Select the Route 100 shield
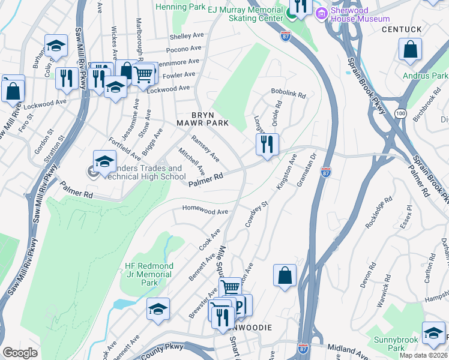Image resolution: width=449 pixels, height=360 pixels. [400, 113]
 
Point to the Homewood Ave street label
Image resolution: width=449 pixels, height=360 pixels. [206, 212]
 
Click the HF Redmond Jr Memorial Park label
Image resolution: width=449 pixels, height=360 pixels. [148, 274]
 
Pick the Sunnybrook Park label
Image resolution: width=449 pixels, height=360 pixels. [396, 344]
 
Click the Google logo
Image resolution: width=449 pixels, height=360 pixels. [20, 353]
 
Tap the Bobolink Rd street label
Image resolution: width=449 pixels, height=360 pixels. [289, 95]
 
